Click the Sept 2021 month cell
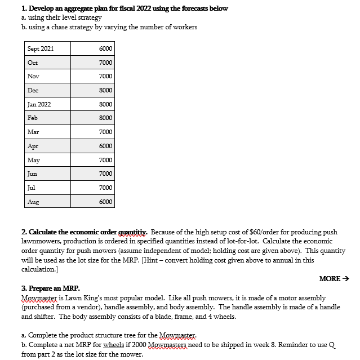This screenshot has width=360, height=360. coord(41,49)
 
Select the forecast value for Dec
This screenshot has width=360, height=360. coord(105,90)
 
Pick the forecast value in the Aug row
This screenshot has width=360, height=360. coord(105,202)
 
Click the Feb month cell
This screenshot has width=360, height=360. coord(33,118)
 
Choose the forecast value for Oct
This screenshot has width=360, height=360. coord(105,63)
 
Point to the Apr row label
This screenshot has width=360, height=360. coord(33,146)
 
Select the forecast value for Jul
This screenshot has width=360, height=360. coord(105,188)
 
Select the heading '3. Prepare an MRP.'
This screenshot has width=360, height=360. coord(51,288)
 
